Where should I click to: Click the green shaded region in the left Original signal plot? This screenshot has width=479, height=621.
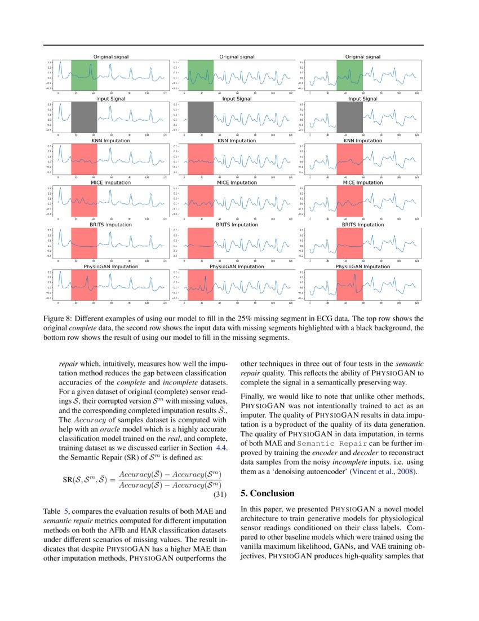[84, 75]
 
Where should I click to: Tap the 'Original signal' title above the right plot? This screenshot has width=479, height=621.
[362, 57]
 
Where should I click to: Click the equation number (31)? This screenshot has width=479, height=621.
[219, 495]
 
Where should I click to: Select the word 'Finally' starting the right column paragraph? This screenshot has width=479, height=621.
[252, 397]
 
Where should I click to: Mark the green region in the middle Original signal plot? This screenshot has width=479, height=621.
[200, 75]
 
